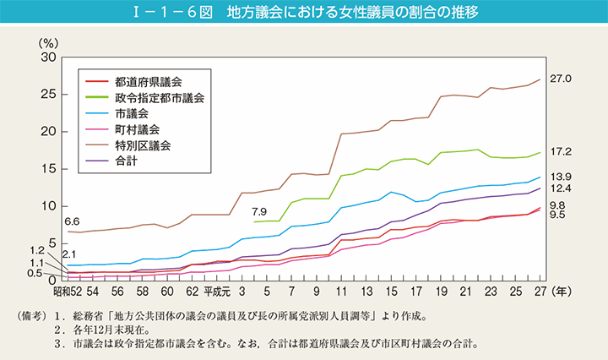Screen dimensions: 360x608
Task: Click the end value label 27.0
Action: coord(562,79)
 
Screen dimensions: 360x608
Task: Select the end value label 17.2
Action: coord(562,152)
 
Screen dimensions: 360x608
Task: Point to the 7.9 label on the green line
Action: coord(259,211)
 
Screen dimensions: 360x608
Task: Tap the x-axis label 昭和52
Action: coord(59,292)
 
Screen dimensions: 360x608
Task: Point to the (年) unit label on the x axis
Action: coord(562,292)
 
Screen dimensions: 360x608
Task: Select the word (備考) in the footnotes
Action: coord(33,318)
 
